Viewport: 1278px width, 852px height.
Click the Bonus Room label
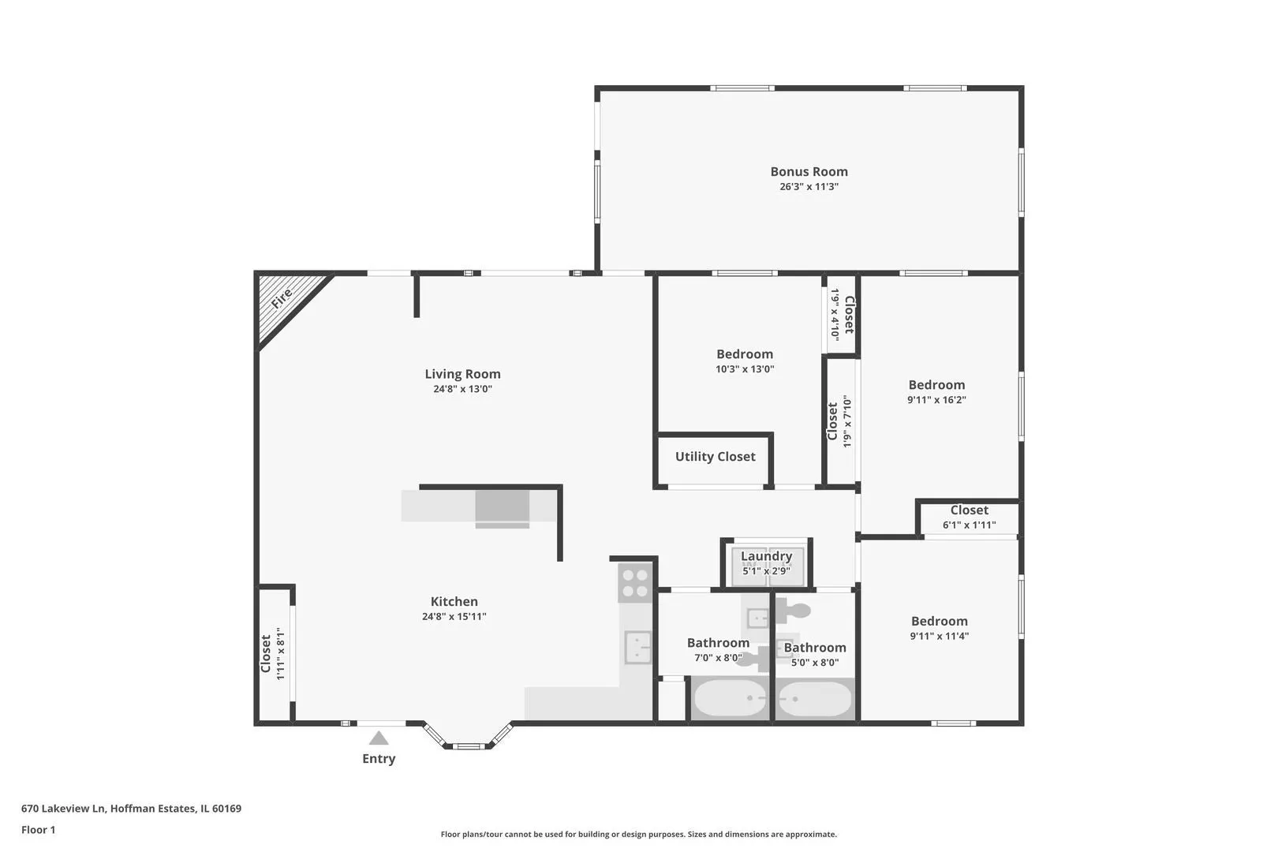[x=809, y=171]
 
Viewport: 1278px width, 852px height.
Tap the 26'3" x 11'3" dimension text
[x=809, y=187]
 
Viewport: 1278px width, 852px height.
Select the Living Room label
[x=462, y=375]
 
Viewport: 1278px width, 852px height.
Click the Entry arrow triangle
[x=378, y=738]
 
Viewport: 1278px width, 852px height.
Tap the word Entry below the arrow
[x=378, y=759]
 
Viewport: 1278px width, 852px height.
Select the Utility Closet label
[x=715, y=457]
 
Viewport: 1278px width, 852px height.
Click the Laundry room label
[x=766, y=556]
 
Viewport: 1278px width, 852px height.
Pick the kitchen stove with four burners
[x=634, y=583]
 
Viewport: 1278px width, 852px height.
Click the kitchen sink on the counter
[x=638, y=647]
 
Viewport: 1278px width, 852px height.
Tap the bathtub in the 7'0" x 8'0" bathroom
[x=729, y=698]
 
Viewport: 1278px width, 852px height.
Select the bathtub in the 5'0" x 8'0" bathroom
[x=814, y=698]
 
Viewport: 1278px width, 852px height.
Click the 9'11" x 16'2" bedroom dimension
[x=936, y=400]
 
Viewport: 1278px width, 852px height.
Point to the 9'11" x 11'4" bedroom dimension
[x=939, y=637]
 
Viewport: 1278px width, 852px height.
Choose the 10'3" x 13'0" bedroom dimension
[x=745, y=369]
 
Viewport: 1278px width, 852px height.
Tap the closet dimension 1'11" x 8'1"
[x=280, y=654]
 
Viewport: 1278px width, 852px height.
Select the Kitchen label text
[x=454, y=601]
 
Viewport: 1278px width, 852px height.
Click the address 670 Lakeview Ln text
[x=63, y=809]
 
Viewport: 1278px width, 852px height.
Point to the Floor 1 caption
[x=38, y=830]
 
